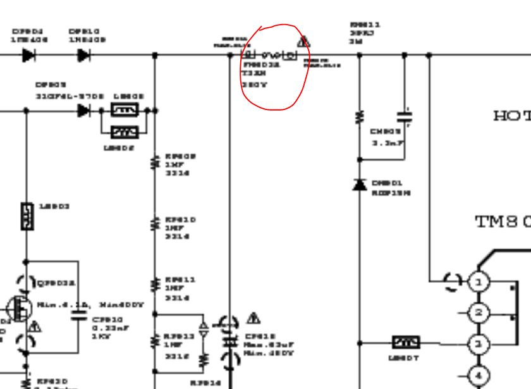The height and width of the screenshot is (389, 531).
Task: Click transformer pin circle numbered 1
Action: coord(479,281)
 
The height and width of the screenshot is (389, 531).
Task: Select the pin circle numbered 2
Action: coord(479,312)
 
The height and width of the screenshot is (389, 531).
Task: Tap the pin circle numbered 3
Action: coord(479,343)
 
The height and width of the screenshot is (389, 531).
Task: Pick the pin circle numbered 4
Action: coord(479,375)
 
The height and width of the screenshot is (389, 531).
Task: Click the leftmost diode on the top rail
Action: coord(28,55)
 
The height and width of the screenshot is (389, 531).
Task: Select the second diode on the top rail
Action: coord(84,55)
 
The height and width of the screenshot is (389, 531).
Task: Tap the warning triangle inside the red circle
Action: coord(304,42)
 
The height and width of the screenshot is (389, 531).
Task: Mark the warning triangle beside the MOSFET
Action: coord(34,326)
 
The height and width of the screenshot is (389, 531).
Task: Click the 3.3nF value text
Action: coord(386,144)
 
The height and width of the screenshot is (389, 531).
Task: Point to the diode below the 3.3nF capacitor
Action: coord(360,185)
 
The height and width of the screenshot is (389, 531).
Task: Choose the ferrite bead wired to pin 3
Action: coord(405,343)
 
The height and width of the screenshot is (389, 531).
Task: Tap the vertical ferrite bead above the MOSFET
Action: coord(26,217)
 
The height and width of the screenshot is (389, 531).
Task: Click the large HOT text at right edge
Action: coord(511,116)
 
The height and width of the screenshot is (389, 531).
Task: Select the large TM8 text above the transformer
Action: coord(502,221)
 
